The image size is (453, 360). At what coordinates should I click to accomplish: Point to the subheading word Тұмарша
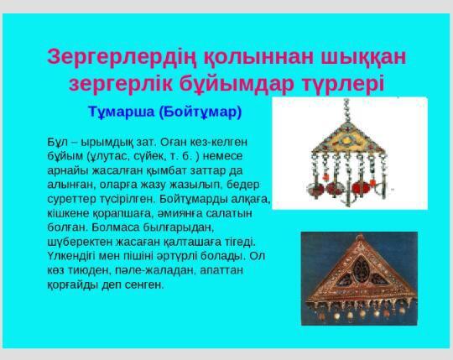(122, 112)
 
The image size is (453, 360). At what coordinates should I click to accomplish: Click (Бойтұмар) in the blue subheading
(200, 112)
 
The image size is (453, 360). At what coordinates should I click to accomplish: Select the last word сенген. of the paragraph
(144, 284)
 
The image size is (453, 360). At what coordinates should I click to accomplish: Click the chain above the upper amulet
(346, 110)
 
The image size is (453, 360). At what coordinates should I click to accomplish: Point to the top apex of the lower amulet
(360, 236)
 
